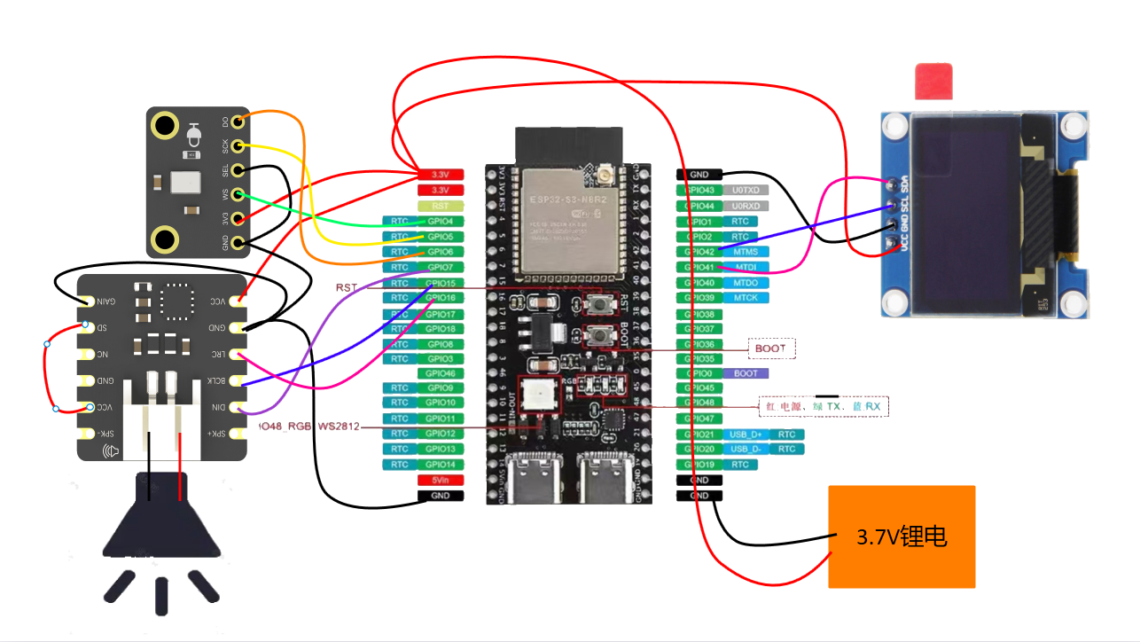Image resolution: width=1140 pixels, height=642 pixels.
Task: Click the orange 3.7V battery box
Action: click(902, 536)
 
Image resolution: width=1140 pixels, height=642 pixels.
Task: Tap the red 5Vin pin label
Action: click(440, 480)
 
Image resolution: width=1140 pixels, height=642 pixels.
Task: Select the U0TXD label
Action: click(746, 190)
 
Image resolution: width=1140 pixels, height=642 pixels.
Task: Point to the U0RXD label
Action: click(746, 206)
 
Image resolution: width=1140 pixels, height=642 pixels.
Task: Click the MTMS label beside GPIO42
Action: click(746, 252)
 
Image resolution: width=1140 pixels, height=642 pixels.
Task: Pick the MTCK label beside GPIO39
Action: click(746, 298)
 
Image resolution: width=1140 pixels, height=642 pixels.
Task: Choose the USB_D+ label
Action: click(745, 435)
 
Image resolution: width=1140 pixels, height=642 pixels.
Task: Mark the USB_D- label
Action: click(745, 450)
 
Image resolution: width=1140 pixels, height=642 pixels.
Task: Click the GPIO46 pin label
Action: click(440, 373)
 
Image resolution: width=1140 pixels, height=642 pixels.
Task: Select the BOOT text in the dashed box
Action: click(770, 348)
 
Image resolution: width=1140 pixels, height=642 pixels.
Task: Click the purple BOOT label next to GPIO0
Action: click(746, 373)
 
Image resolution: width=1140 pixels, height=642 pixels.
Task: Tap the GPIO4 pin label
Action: click(440, 221)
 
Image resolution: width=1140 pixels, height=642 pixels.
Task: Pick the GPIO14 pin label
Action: click(440, 465)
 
